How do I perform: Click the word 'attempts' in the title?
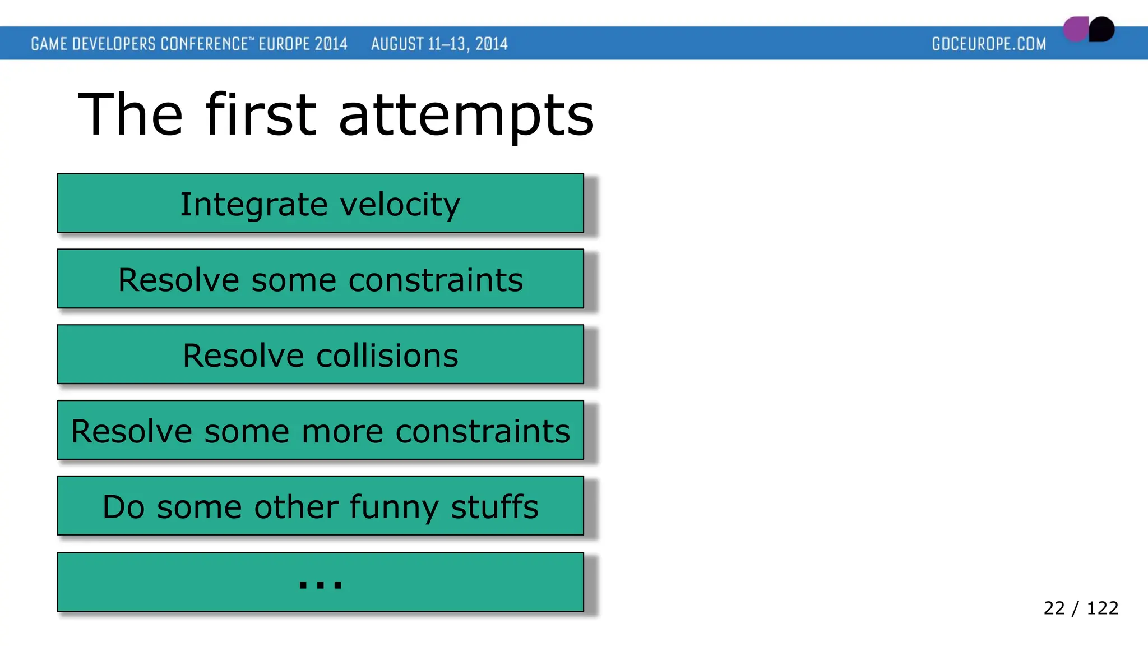[x=466, y=116]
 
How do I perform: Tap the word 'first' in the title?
[x=261, y=114]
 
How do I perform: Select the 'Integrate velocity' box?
[x=320, y=203]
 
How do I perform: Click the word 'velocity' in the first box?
[x=400, y=204]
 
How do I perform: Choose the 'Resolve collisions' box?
[x=320, y=354]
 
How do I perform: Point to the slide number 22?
[x=1054, y=608]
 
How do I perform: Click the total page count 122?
[x=1102, y=608]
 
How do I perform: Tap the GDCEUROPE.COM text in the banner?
[x=989, y=44]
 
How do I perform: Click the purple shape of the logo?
[x=1075, y=29]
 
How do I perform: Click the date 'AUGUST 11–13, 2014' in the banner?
[x=439, y=44]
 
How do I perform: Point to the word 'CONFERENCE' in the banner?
[x=204, y=44]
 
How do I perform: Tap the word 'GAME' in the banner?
[x=49, y=44]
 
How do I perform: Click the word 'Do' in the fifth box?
[x=124, y=507]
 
